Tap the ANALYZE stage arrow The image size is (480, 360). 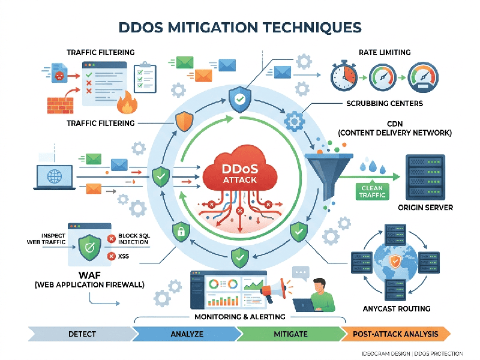[x=187, y=334]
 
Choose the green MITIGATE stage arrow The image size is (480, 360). [x=290, y=334]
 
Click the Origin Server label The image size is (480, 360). [x=425, y=208]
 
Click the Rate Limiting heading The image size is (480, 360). [x=384, y=52]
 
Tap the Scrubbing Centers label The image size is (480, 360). [x=385, y=103]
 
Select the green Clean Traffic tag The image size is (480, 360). [x=371, y=191]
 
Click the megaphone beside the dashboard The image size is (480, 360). [x=276, y=291]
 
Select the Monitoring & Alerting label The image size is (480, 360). [x=240, y=316]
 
